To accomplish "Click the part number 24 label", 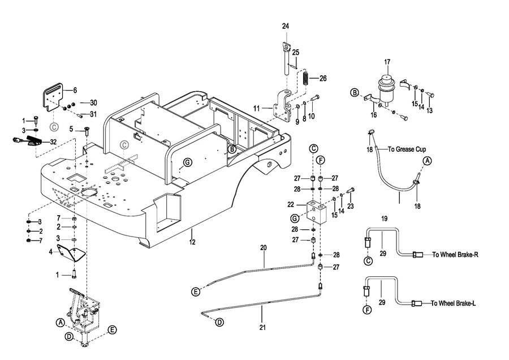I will pyautogui.click(x=285, y=27).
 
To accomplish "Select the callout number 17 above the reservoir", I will pyautogui.click(x=387, y=62).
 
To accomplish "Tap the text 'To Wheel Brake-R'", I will pyautogui.click(x=455, y=255).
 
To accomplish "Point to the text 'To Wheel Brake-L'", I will pyautogui.click(x=454, y=303).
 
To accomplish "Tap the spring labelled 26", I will pyautogui.click(x=305, y=77).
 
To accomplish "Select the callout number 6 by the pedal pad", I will pyautogui.click(x=75, y=90).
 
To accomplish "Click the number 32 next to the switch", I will pyautogui.click(x=53, y=142).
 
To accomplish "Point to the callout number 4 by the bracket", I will pyautogui.click(x=50, y=251).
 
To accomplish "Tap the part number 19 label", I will pyautogui.click(x=384, y=218).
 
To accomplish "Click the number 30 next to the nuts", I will pyautogui.click(x=93, y=102).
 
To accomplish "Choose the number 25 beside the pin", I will pyautogui.click(x=296, y=53).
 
